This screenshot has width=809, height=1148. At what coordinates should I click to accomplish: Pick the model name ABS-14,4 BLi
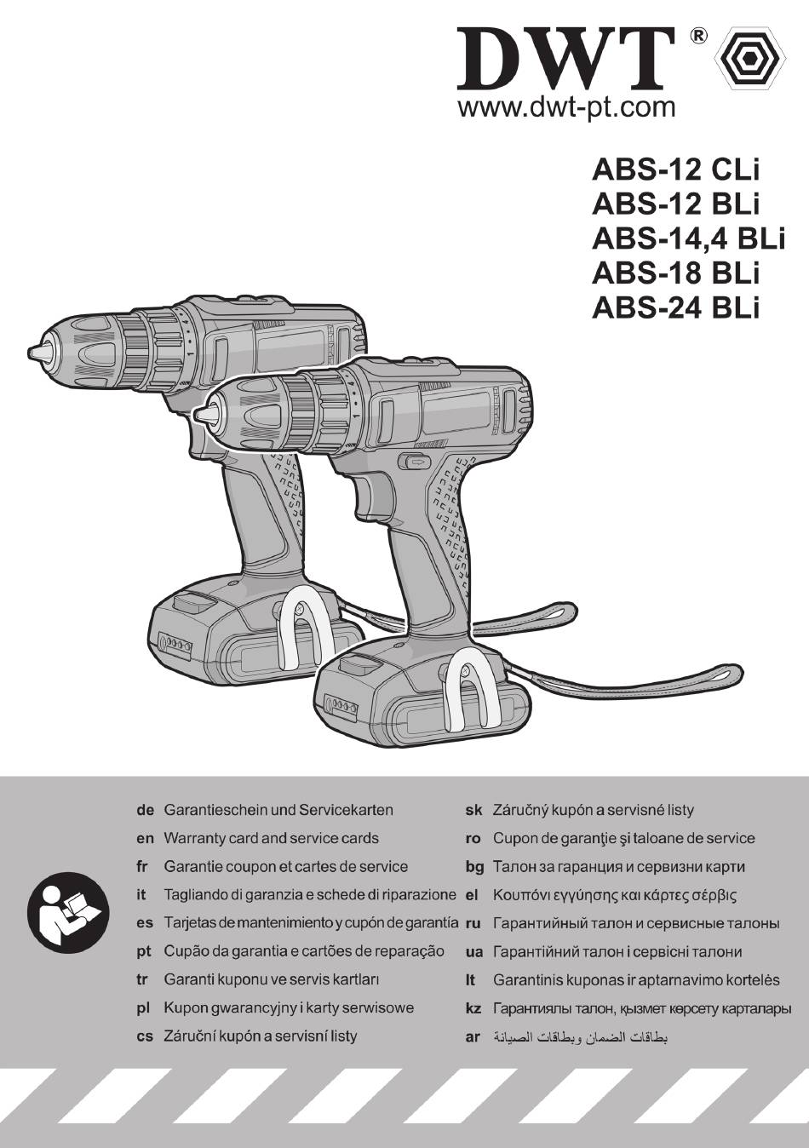click(688, 238)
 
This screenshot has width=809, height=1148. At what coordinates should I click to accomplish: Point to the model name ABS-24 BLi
click(674, 307)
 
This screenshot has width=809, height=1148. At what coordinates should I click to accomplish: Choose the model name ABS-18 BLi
click(674, 273)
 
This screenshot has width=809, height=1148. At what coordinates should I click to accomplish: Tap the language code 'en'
click(145, 839)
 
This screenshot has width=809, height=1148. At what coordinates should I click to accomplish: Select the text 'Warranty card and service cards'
click(271, 839)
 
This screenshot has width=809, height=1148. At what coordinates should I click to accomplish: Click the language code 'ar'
click(473, 1037)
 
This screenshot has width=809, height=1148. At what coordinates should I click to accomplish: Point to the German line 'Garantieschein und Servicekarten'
click(278, 810)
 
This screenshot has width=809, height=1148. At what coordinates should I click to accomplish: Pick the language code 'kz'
click(473, 1009)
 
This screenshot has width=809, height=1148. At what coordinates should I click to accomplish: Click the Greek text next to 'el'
click(614, 895)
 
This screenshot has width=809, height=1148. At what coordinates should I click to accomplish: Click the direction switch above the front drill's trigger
click(416, 462)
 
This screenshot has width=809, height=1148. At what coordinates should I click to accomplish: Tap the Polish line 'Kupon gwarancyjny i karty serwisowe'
click(288, 1008)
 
